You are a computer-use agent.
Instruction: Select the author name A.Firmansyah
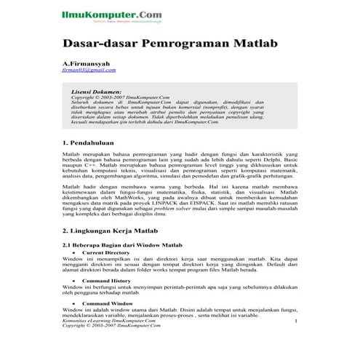[x=90, y=63]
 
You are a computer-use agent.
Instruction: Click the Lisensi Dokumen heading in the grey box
[x=97, y=92]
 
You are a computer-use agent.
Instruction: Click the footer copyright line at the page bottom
[x=110, y=327]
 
